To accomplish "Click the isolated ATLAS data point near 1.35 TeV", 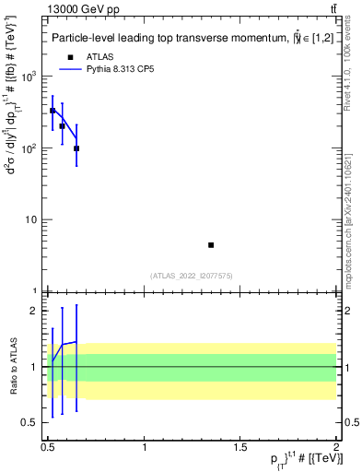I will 211,244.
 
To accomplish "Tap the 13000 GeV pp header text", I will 80,8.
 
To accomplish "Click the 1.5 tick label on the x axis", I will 241,447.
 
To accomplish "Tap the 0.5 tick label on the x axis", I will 48,447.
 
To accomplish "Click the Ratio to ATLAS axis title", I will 13,366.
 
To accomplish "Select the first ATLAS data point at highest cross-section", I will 53,111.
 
